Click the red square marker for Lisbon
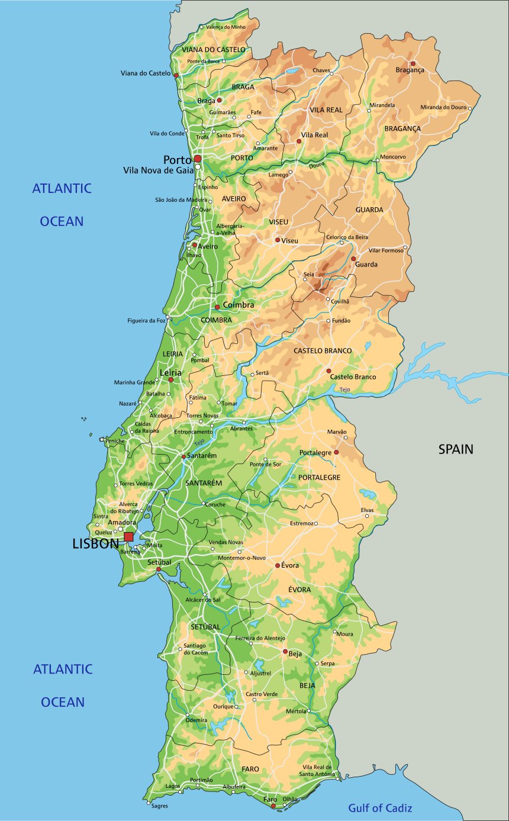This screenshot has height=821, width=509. coord(128,536)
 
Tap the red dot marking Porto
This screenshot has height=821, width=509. coord(198,159)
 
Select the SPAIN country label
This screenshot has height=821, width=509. coord(456,449)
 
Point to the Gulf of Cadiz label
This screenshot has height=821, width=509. coord(380,808)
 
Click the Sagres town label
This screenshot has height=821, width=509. coord(159,806)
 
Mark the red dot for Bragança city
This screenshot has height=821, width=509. coord(413,63)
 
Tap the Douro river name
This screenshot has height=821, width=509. coord(317,166)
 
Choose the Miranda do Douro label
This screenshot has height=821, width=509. coord(443,107)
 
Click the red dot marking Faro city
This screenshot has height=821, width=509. coord(273,806)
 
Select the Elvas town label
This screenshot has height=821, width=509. coord(368,510)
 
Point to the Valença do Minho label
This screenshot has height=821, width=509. coord(225,27)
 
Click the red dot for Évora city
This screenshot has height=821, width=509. coord(277,566)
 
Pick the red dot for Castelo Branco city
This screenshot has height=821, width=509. coord(328,371)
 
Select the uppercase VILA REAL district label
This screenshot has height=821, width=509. coord(326,110)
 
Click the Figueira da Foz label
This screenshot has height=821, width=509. coord(146,320)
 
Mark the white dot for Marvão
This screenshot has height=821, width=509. coord(346,438)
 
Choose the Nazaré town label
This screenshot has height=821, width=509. coord(127,403)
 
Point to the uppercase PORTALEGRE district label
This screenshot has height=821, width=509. coord(319,477)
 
